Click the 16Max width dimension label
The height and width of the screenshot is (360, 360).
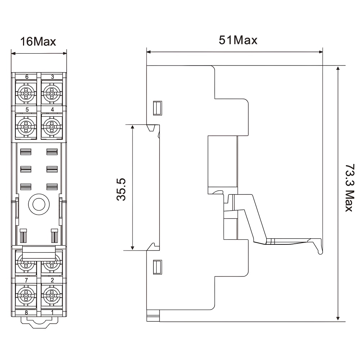click(x=38, y=41)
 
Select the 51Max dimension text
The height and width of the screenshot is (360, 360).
click(x=238, y=40)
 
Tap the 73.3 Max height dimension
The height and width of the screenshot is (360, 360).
click(x=350, y=188)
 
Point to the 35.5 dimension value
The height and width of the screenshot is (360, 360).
click(x=121, y=189)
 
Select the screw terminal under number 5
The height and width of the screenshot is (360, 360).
click(x=26, y=127)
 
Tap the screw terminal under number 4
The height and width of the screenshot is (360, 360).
click(x=52, y=127)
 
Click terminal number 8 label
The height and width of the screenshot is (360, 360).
click(x=26, y=312)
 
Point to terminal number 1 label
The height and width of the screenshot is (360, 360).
click(x=52, y=312)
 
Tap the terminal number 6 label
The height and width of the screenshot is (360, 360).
click(x=27, y=77)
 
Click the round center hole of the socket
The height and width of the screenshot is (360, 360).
click(x=39, y=204)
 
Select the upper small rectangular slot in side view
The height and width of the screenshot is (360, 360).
click(x=158, y=108)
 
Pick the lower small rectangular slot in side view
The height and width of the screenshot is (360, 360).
click(x=158, y=267)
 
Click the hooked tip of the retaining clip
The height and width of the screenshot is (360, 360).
click(x=320, y=252)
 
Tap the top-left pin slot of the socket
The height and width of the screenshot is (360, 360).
click(x=26, y=152)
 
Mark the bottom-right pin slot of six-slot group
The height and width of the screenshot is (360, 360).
click(x=52, y=186)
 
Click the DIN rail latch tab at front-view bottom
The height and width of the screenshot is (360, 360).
click(x=39, y=322)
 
